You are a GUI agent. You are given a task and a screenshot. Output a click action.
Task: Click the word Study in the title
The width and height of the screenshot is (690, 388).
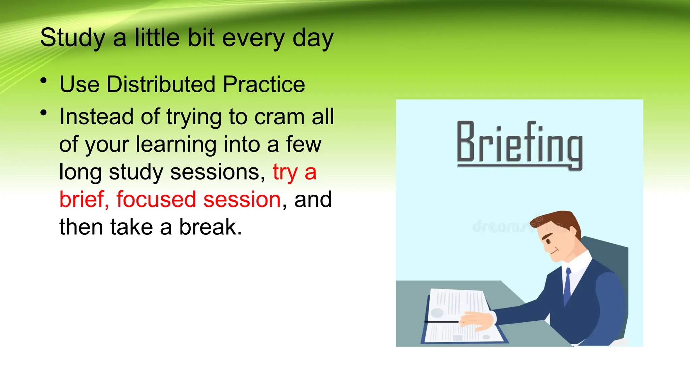pyautogui.click(x=72, y=38)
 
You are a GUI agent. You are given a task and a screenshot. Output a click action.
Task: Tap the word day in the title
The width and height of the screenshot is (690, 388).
pyautogui.click(x=313, y=38)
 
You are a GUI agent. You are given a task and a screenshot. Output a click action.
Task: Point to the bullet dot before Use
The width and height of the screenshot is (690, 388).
pyautogui.click(x=43, y=81)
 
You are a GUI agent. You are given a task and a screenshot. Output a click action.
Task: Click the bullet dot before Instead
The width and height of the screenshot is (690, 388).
pyautogui.click(x=43, y=113)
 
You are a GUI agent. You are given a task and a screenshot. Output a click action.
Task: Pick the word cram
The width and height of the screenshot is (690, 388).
pyautogui.click(x=279, y=117)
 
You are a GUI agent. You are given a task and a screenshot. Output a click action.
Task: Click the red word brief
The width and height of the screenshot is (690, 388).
pyautogui.click(x=84, y=199)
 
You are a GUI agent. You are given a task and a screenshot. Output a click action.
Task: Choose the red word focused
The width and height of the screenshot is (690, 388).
pyautogui.click(x=156, y=199)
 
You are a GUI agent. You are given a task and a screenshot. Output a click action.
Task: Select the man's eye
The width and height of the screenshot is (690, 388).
pyautogui.click(x=548, y=241)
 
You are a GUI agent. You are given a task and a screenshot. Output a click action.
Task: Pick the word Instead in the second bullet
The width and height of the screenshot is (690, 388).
pyautogui.click(x=96, y=117)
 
